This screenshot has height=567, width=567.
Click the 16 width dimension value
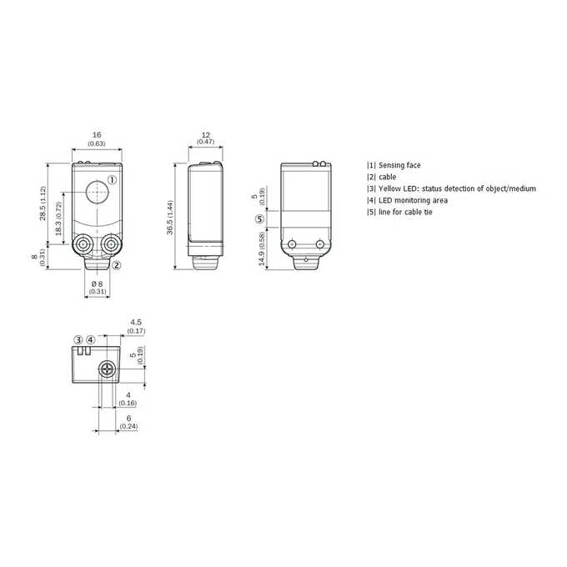[97, 135]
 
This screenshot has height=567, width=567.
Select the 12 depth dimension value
[205, 135]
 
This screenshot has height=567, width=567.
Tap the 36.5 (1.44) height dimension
[170, 218]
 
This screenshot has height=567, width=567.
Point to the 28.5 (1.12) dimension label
[43, 203]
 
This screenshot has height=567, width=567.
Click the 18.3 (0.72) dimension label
[59, 218]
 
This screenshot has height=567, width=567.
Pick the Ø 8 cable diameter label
[98, 283]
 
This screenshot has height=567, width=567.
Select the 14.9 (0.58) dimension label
[262, 248]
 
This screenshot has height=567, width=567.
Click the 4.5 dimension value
[136, 322]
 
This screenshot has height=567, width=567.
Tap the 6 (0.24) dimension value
[128, 423]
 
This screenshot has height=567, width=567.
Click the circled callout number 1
[113, 180]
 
